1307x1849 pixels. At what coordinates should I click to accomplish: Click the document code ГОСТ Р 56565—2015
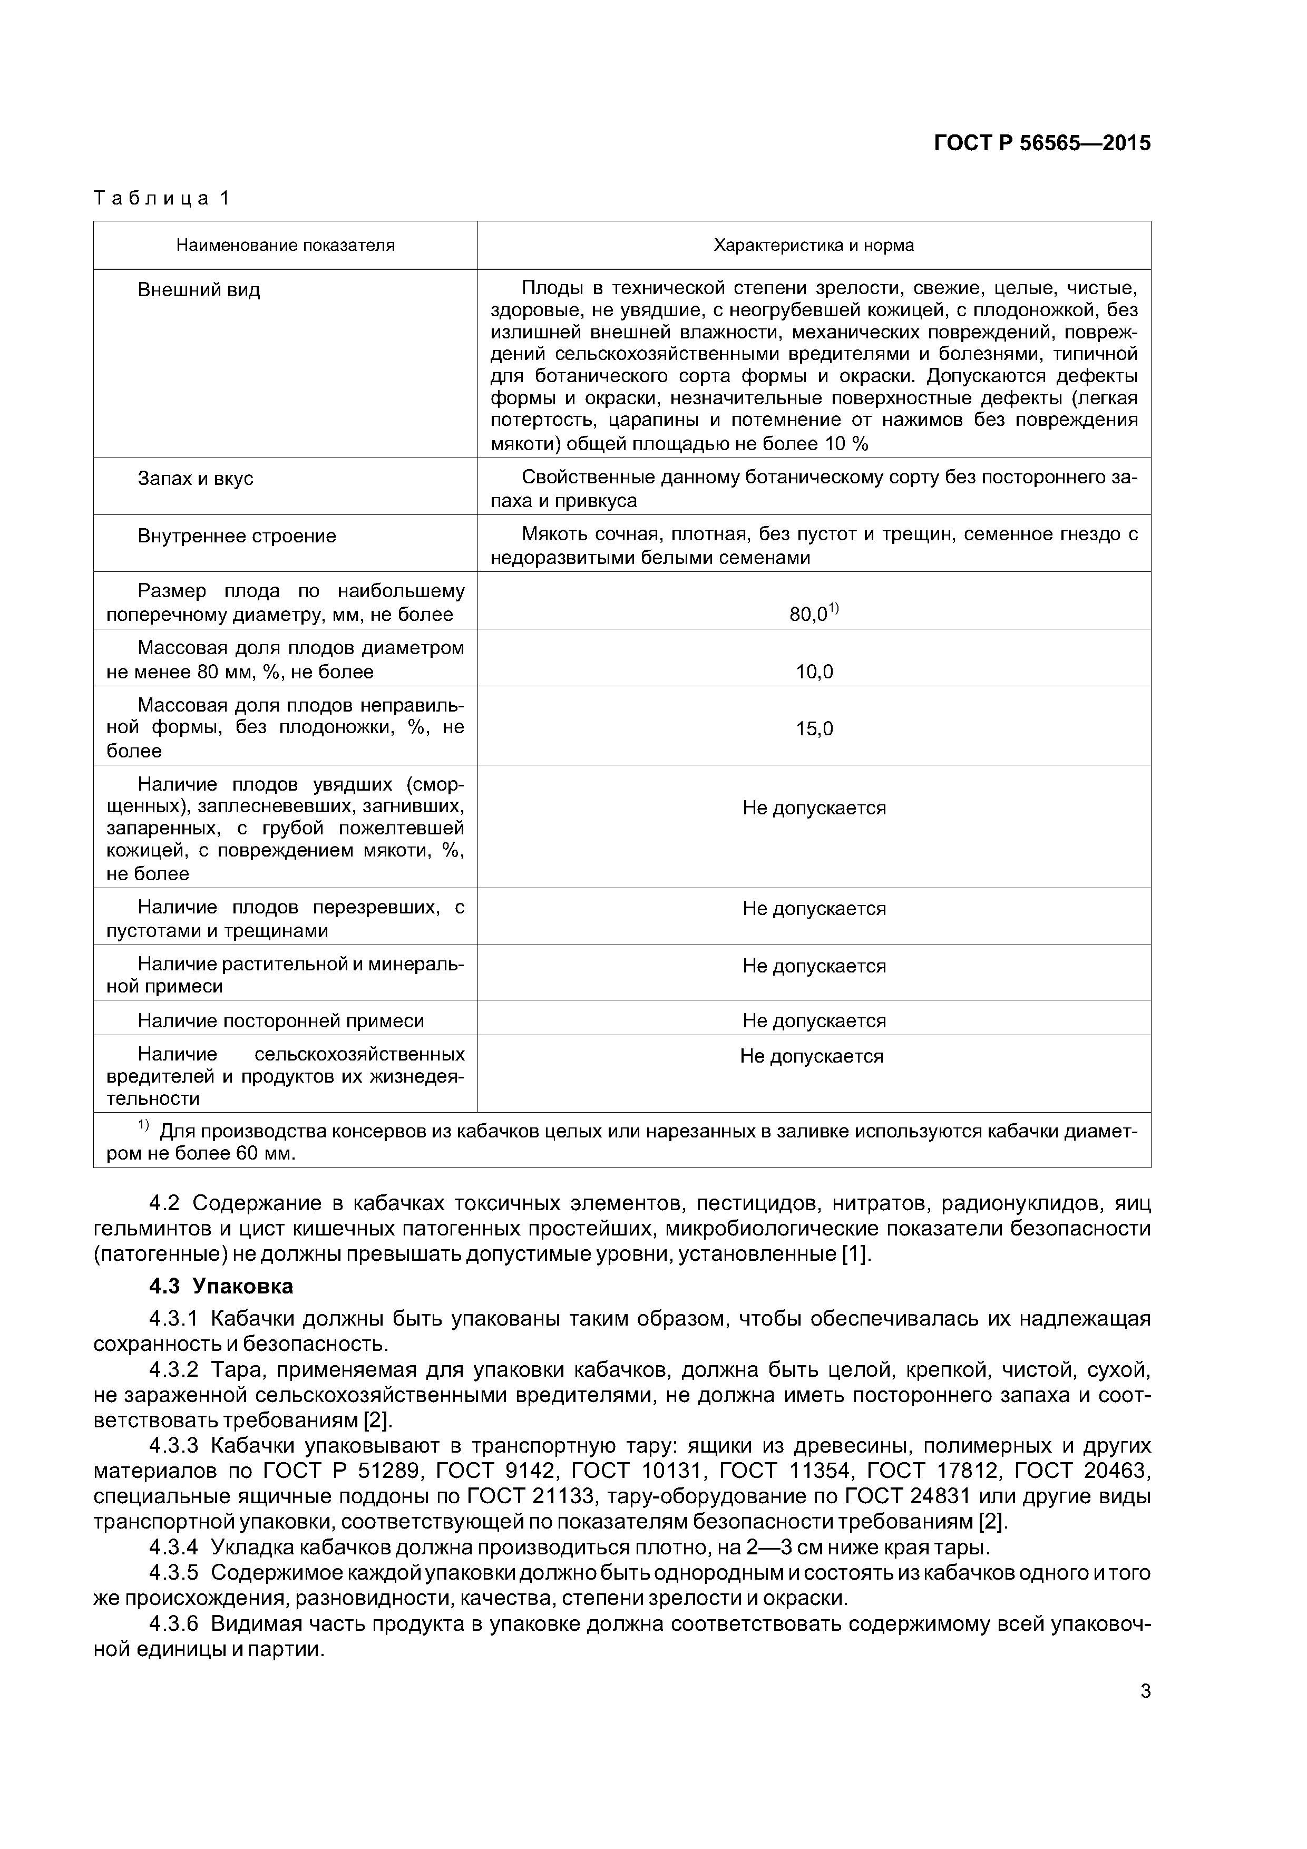point(1042,143)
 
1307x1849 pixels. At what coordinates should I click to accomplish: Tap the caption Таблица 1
point(162,198)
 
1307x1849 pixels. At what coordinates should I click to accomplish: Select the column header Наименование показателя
point(285,245)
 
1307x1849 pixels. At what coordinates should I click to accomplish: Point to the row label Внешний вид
point(199,290)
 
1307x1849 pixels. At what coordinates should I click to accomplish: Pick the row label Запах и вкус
point(195,479)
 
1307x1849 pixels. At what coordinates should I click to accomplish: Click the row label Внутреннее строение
point(237,536)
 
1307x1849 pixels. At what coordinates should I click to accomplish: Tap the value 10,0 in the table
point(814,672)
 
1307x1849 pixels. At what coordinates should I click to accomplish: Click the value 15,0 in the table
point(814,729)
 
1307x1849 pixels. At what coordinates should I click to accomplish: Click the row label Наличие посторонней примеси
point(280,1021)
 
